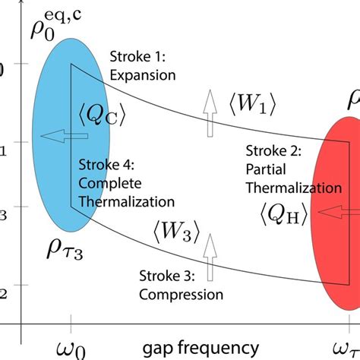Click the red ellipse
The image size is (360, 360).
pos(338,251)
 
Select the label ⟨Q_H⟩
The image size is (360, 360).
pos(283,215)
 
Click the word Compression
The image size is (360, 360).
pos(182,294)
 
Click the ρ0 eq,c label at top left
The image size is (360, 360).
pos(46,30)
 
